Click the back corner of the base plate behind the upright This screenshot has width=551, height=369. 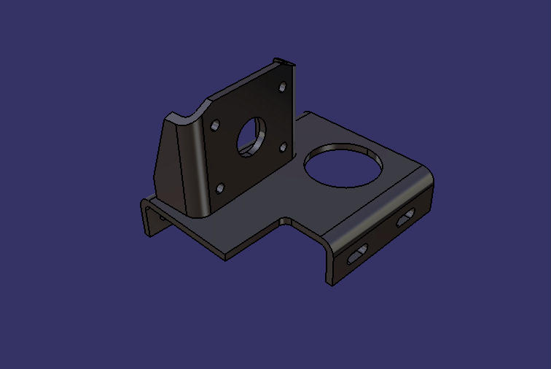point(309,113)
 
